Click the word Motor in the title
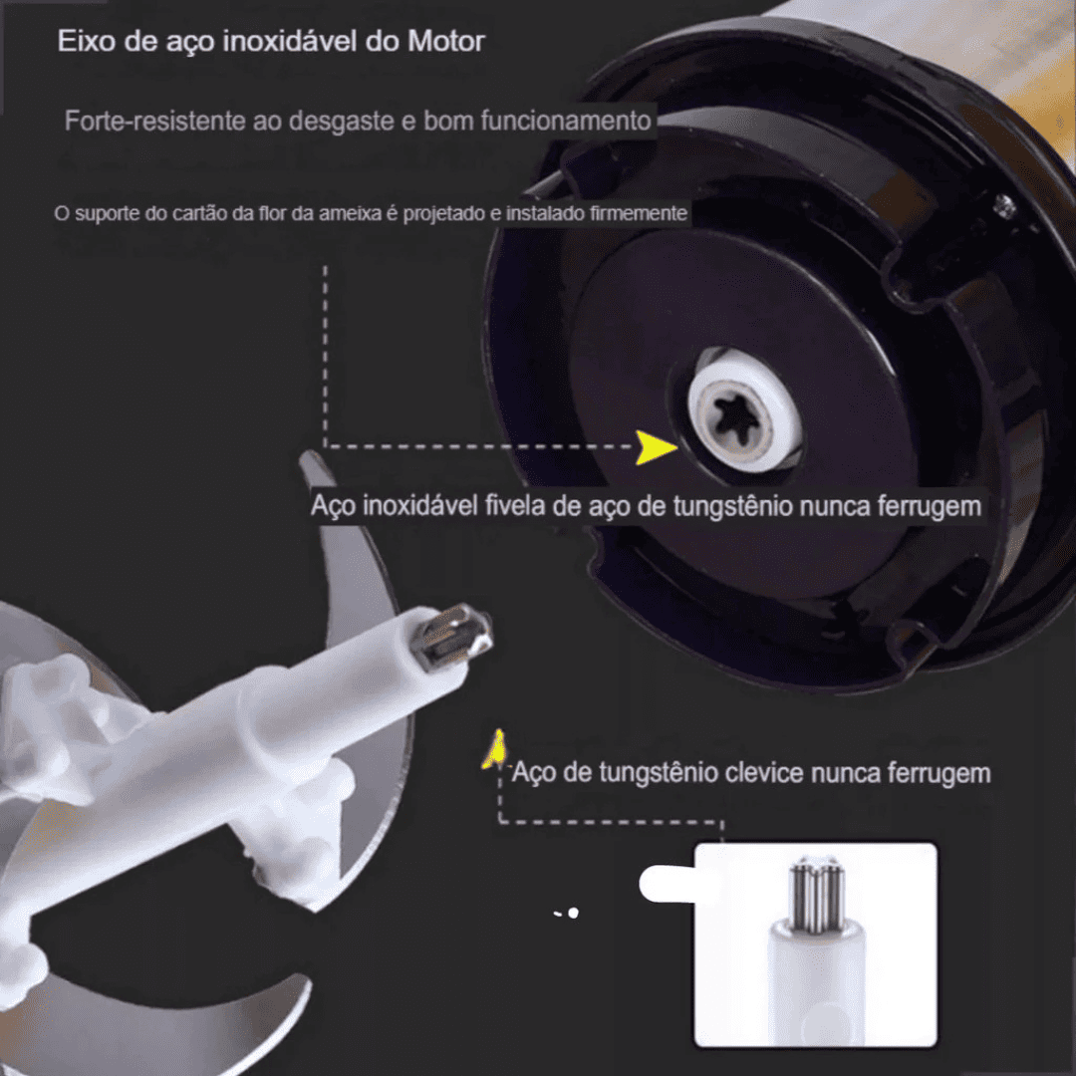point(446,42)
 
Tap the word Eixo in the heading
point(84,42)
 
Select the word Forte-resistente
point(140,122)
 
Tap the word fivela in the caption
point(516,505)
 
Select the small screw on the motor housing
point(1004,206)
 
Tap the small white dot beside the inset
point(573,912)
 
